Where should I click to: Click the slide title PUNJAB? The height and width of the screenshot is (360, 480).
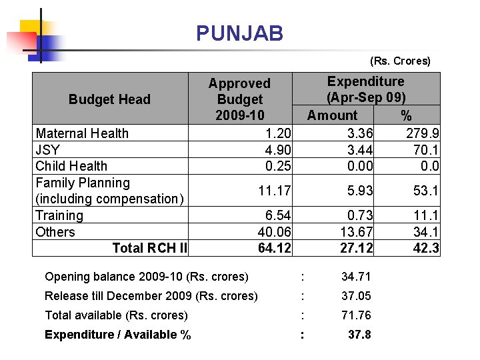(x=239, y=33)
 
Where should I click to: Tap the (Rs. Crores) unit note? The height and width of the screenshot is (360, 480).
(x=400, y=61)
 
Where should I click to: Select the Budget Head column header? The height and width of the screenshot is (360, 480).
(x=109, y=99)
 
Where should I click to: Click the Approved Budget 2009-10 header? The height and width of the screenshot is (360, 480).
(x=239, y=99)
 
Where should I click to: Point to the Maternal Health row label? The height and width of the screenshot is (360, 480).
(x=82, y=133)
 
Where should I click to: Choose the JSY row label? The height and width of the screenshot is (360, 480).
(x=47, y=149)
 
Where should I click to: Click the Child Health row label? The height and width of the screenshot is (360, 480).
(x=71, y=165)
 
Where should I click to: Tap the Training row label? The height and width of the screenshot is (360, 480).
(x=59, y=215)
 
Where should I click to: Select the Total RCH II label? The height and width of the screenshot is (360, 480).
(x=149, y=248)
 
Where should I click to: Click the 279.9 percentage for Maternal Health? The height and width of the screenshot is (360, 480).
(x=423, y=133)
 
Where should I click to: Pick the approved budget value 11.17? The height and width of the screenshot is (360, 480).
(x=275, y=191)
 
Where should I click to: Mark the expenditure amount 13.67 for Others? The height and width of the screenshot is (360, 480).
(x=357, y=231)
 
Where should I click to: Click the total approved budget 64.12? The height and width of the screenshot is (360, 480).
(x=275, y=248)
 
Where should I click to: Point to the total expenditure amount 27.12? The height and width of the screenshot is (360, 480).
(x=357, y=248)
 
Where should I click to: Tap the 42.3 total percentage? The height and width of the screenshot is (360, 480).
(x=426, y=248)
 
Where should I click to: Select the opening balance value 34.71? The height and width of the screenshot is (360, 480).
(x=357, y=276)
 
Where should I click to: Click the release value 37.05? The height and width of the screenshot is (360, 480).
(x=357, y=295)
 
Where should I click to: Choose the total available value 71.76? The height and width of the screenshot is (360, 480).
(x=357, y=315)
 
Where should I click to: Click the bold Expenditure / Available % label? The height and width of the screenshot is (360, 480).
(x=117, y=335)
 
